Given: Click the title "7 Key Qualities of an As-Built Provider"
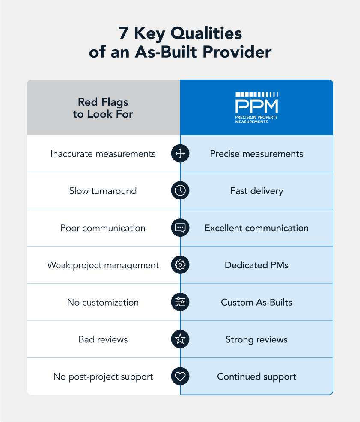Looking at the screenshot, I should click(x=180, y=43).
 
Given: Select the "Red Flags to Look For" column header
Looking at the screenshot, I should click(x=103, y=108).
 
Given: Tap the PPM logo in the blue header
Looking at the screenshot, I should click(x=256, y=107).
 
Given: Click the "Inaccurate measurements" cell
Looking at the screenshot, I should click(x=103, y=154).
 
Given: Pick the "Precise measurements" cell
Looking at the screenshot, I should click(x=256, y=154).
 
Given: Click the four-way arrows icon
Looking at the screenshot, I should click(x=180, y=154).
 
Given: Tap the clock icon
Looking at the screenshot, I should click(x=180, y=191).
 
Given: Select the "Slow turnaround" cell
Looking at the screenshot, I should click(x=103, y=191).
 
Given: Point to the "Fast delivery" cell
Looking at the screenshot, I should click(x=256, y=191).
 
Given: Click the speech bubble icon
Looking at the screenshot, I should click(x=180, y=228).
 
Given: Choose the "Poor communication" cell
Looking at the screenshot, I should click(x=103, y=228).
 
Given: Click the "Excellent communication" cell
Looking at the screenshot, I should click(x=256, y=228).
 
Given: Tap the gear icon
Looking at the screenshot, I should click(x=180, y=265).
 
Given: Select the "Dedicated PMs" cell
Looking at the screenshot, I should click(x=256, y=265).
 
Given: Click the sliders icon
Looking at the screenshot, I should click(x=180, y=303).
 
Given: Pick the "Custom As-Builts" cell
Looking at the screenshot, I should click(x=256, y=303).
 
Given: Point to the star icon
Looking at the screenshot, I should click(x=180, y=339).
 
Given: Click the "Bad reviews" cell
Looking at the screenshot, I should click(x=103, y=339).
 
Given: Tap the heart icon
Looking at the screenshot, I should click(x=180, y=377).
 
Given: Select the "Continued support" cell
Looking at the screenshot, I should click(x=256, y=377).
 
